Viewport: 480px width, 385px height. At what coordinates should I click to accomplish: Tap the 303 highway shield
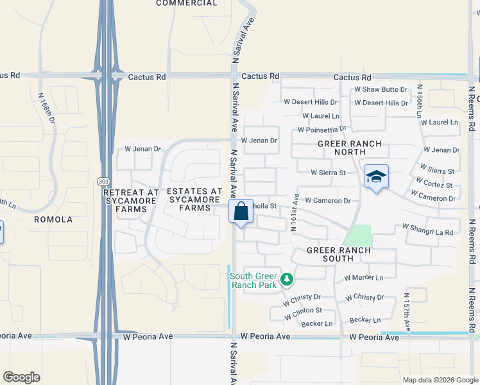click(x=103, y=182)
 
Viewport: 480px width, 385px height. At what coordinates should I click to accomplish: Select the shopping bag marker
click(x=241, y=211)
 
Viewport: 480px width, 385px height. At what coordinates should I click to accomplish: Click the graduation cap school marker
click(x=376, y=176)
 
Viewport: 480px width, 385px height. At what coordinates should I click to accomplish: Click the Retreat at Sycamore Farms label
click(x=131, y=200)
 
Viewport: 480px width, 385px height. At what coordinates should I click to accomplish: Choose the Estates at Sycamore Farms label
click(x=194, y=200)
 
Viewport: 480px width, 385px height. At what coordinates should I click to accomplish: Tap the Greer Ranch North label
click(x=349, y=148)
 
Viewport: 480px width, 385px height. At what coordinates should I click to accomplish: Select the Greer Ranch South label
click(x=338, y=254)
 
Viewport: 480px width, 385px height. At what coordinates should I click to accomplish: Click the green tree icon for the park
click(x=287, y=279)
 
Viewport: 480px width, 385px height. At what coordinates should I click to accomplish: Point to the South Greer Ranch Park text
click(x=253, y=280)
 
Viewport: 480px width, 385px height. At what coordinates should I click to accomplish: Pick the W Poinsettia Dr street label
click(x=321, y=130)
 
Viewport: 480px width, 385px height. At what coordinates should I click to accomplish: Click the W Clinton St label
click(x=303, y=311)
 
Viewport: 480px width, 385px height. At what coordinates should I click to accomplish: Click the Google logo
click(x=21, y=377)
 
